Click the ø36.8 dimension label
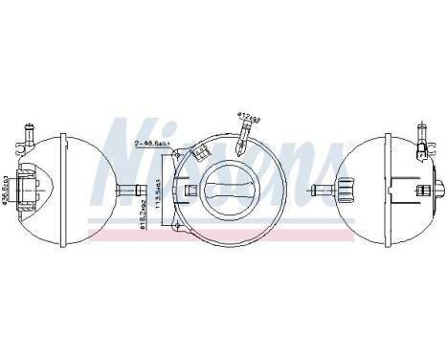7,187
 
